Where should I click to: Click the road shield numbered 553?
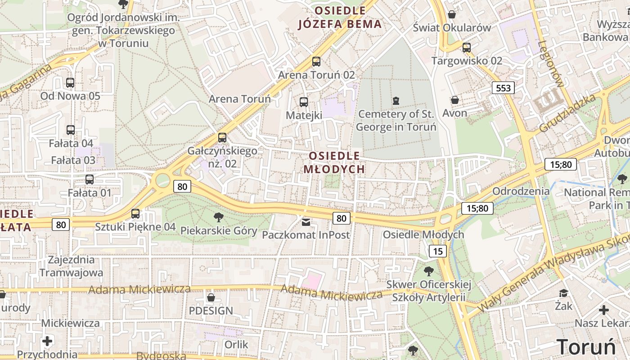503,88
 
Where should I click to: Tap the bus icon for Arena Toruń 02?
316,62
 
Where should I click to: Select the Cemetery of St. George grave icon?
396,100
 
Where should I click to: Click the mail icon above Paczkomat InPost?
306,222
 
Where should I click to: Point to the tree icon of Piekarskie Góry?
219,217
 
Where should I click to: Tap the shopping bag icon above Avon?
455,100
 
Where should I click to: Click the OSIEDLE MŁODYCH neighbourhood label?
334,162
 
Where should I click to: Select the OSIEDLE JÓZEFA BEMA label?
340,17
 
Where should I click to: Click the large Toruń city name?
586,347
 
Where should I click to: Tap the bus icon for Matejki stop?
304,102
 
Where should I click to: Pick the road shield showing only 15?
438,251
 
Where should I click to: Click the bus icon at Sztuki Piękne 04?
135,214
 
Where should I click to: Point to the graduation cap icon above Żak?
563,293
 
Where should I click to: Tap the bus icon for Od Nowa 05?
70,83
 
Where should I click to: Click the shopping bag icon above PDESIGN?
211,297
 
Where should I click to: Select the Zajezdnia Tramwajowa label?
71,266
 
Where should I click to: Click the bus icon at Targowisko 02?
467,47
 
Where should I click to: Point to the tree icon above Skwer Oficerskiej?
429,271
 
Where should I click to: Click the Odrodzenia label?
521,191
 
